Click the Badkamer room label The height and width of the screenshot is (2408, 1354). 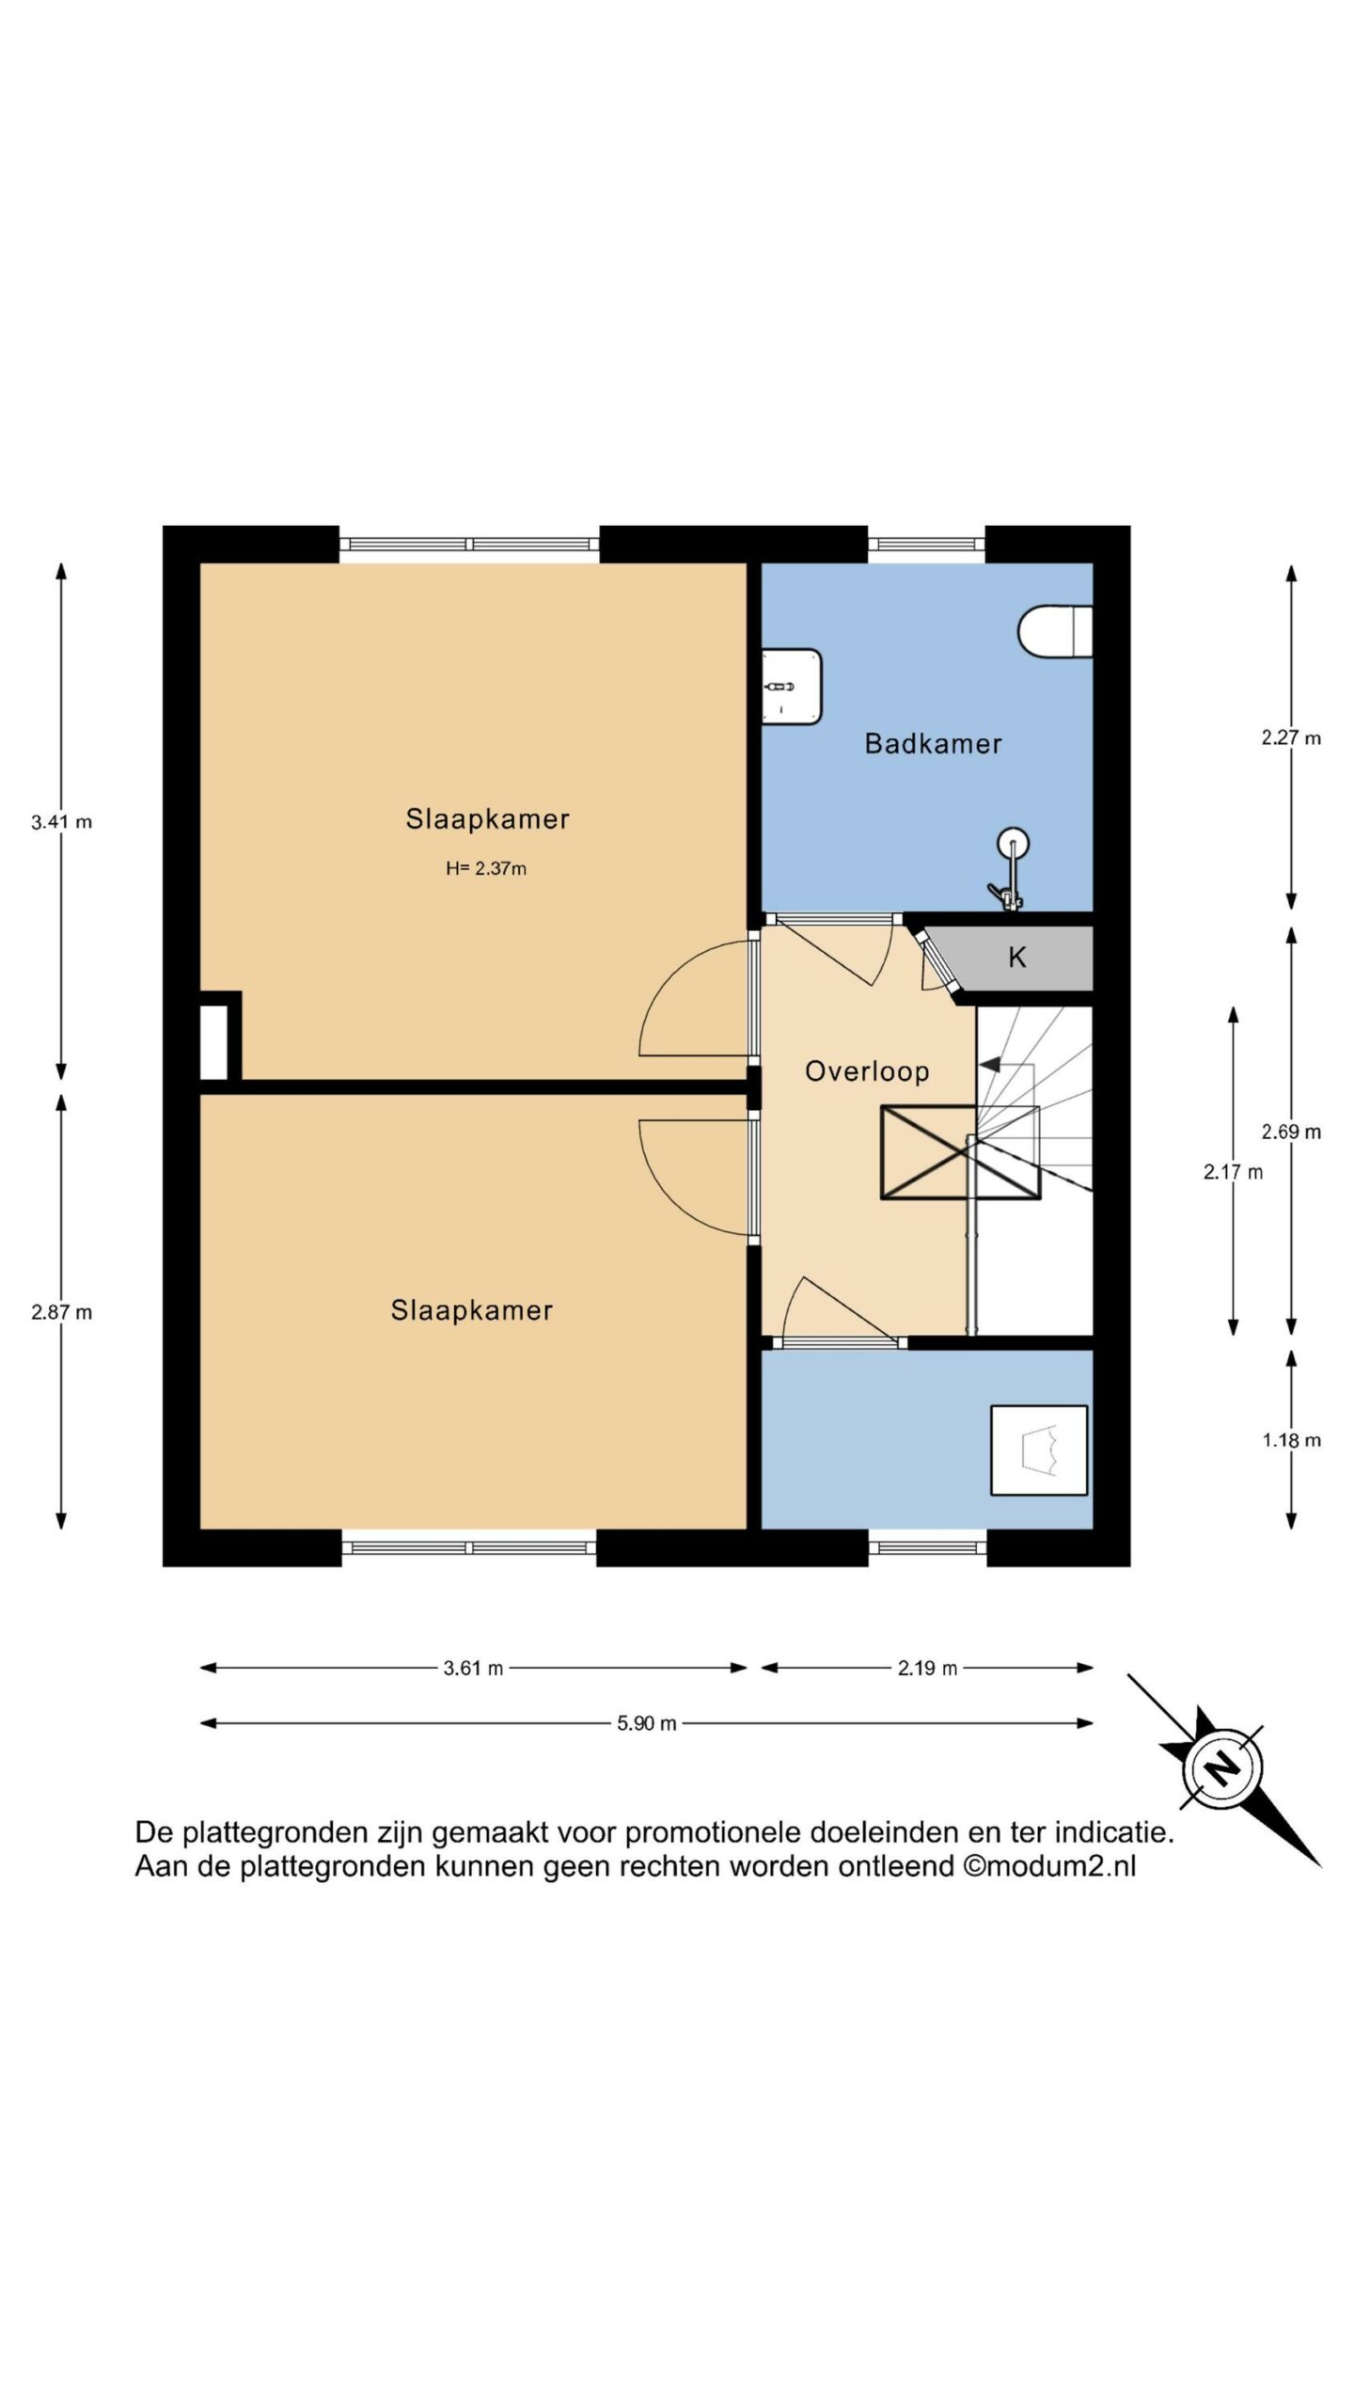(x=933, y=744)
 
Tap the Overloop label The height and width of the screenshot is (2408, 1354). (x=867, y=1071)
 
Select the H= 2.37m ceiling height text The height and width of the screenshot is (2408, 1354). (x=486, y=868)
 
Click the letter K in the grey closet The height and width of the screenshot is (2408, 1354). (x=1016, y=958)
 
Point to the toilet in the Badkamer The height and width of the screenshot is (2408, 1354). (x=1055, y=630)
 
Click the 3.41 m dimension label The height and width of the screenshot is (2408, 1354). (x=62, y=822)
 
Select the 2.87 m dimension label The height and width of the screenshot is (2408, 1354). (x=62, y=1312)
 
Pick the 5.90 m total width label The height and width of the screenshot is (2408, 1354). (x=647, y=1723)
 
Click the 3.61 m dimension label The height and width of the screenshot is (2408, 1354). (x=473, y=1669)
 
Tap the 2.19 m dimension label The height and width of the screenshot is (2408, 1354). (x=927, y=1669)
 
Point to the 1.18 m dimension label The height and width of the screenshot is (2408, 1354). (x=1292, y=1440)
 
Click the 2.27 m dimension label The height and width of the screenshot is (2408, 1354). (x=1292, y=738)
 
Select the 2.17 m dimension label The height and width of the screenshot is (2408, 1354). (x=1234, y=1172)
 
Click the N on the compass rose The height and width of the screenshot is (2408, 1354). (x=1222, y=1769)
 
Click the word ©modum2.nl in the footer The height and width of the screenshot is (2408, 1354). (x=1049, y=1866)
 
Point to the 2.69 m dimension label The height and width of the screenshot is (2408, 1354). (x=1292, y=1133)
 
